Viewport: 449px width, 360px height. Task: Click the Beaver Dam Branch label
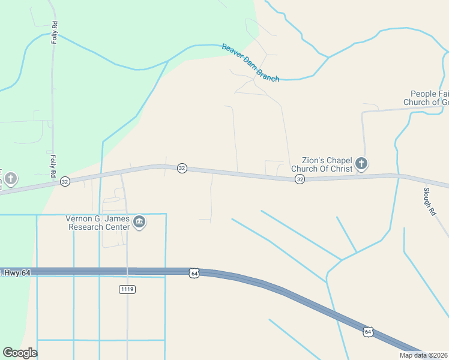[x=251, y=62]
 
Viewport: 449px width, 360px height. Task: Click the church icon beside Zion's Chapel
[x=361, y=163]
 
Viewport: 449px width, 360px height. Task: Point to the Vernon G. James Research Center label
[x=98, y=223]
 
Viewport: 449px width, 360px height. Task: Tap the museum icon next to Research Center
[x=139, y=223]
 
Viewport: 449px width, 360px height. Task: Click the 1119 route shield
[x=127, y=289]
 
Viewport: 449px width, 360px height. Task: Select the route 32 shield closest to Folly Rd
[x=65, y=181]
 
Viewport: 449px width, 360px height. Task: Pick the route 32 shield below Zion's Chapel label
[x=300, y=179]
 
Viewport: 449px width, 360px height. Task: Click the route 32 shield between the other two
[x=182, y=169]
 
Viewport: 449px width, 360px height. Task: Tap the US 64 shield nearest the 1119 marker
[x=193, y=273]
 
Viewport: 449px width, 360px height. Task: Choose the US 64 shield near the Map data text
[x=368, y=332]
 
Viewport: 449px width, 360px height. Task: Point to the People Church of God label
[x=426, y=98]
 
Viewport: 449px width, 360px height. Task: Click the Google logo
[x=20, y=353]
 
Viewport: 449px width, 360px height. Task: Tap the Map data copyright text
[x=423, y=355]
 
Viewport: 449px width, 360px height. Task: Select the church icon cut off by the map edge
[x=10, y=179]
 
